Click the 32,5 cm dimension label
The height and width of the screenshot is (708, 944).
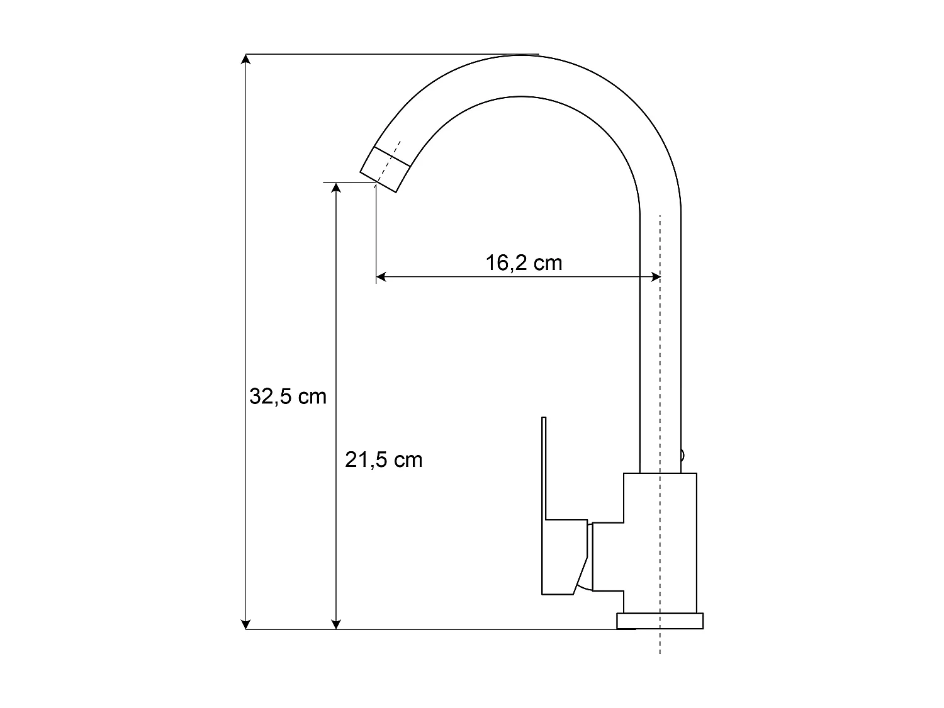[x=288, y=396]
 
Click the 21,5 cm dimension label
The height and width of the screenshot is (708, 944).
[x=383, y=460]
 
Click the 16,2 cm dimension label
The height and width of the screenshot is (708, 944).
[x=524, y=262]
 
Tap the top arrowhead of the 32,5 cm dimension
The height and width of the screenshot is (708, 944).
[x=246, y=59]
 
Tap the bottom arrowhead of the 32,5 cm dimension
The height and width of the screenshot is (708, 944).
[x=246, y=624]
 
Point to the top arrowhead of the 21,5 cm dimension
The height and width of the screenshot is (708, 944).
[x=337, y=188]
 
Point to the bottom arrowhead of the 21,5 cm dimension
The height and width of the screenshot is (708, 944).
[x=337, y=624]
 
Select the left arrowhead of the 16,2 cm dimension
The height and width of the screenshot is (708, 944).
[x=381, y=276]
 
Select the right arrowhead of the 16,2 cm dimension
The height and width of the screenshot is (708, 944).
[x=655, y=276]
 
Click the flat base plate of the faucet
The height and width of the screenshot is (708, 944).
[x=660, y=621]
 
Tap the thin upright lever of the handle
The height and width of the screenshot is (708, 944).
[x=544, y=466]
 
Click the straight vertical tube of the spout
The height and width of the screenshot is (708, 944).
[x=660, y=346]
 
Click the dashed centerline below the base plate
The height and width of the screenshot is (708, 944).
[x=660, y=642]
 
